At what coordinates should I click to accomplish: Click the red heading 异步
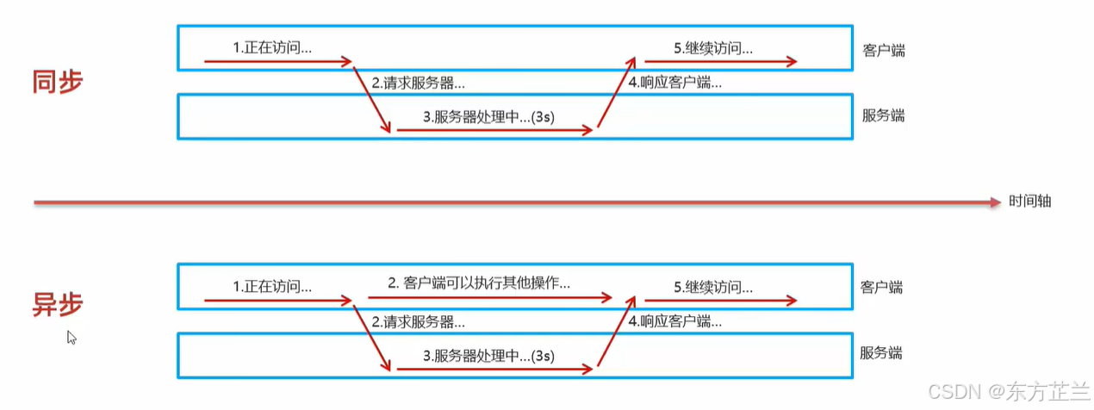tap(58, 305)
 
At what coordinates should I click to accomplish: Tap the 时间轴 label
tap(1031, 202)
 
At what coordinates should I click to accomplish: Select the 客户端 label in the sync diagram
tap(884, 50)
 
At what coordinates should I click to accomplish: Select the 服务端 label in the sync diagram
tap(884, 115)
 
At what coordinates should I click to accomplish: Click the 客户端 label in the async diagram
tap(881, 287)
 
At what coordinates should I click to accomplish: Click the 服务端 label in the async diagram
tap(881, 352)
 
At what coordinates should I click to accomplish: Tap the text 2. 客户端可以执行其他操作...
tap(479, 283)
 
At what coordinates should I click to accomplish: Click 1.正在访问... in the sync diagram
tap(272, 48)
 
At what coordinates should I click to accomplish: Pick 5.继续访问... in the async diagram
tap(713, 286)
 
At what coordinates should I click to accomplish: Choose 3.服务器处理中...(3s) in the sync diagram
tap(488, 117)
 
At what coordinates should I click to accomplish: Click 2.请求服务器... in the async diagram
tap(419, 322)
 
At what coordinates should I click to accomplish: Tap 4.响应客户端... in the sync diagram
tap(675, 84)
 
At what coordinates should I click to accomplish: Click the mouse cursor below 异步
tap(71, 338)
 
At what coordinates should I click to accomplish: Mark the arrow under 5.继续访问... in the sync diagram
tap(715, 61)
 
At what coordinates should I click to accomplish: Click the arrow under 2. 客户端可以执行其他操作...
tap(489, 298)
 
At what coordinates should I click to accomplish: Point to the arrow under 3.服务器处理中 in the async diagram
tap(494, 370)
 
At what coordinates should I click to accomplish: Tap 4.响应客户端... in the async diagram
tap(675, 322)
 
